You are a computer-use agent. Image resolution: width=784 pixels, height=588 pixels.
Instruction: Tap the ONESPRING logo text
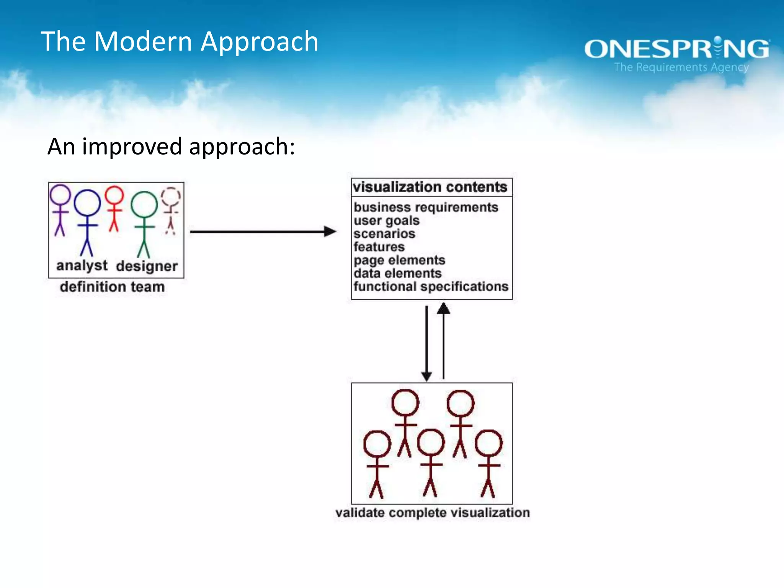pyautogui.click(x=676, y=49)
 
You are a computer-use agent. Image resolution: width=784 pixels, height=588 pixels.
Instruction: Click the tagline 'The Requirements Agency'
pyautogui.click(x=681, y=67)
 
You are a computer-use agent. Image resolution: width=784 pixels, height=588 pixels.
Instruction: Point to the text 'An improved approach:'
pyautogui.click(x=171, y=147)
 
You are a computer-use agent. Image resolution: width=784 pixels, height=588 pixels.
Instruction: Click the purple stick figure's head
pyautogui.click(x=60, y=194)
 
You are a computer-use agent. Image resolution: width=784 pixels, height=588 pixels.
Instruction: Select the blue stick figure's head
pyautogui.click(x=87, y=203)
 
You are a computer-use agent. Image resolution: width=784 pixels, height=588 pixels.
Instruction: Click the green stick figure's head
pyautogui.click(x=144, y=204)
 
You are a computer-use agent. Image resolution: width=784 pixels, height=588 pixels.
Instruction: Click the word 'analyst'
pyautogui.click(x=82, y=265)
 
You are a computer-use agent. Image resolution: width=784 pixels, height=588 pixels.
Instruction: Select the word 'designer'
pyautogui.click(x=147, y=266)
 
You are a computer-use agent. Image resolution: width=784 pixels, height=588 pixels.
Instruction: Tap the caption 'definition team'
pyautogui.click(x=112, y=287)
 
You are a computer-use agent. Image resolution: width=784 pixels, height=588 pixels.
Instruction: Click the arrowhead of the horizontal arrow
pyautogui.click(x=330, y=232)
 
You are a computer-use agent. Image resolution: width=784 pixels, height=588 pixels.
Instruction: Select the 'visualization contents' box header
pyautogui.click(x=430, y=187)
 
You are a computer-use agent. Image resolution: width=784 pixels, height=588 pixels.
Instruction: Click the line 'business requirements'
pyautogui.click(x=426, y=207)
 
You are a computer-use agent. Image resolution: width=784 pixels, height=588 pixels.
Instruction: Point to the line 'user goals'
pyautogui.click(x=386, y=220)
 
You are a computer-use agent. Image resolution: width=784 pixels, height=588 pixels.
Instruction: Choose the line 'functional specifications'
pyautogui.click(x=431, y=287)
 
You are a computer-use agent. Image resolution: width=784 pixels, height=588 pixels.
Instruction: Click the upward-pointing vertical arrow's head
pyautogui.click(x=443, y=308)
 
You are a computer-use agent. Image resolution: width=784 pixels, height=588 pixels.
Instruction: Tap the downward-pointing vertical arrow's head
pyautogui.click(x=426, y=376)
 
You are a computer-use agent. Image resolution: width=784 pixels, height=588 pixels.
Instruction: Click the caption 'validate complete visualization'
pyautogui.click(x=432, y=513)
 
